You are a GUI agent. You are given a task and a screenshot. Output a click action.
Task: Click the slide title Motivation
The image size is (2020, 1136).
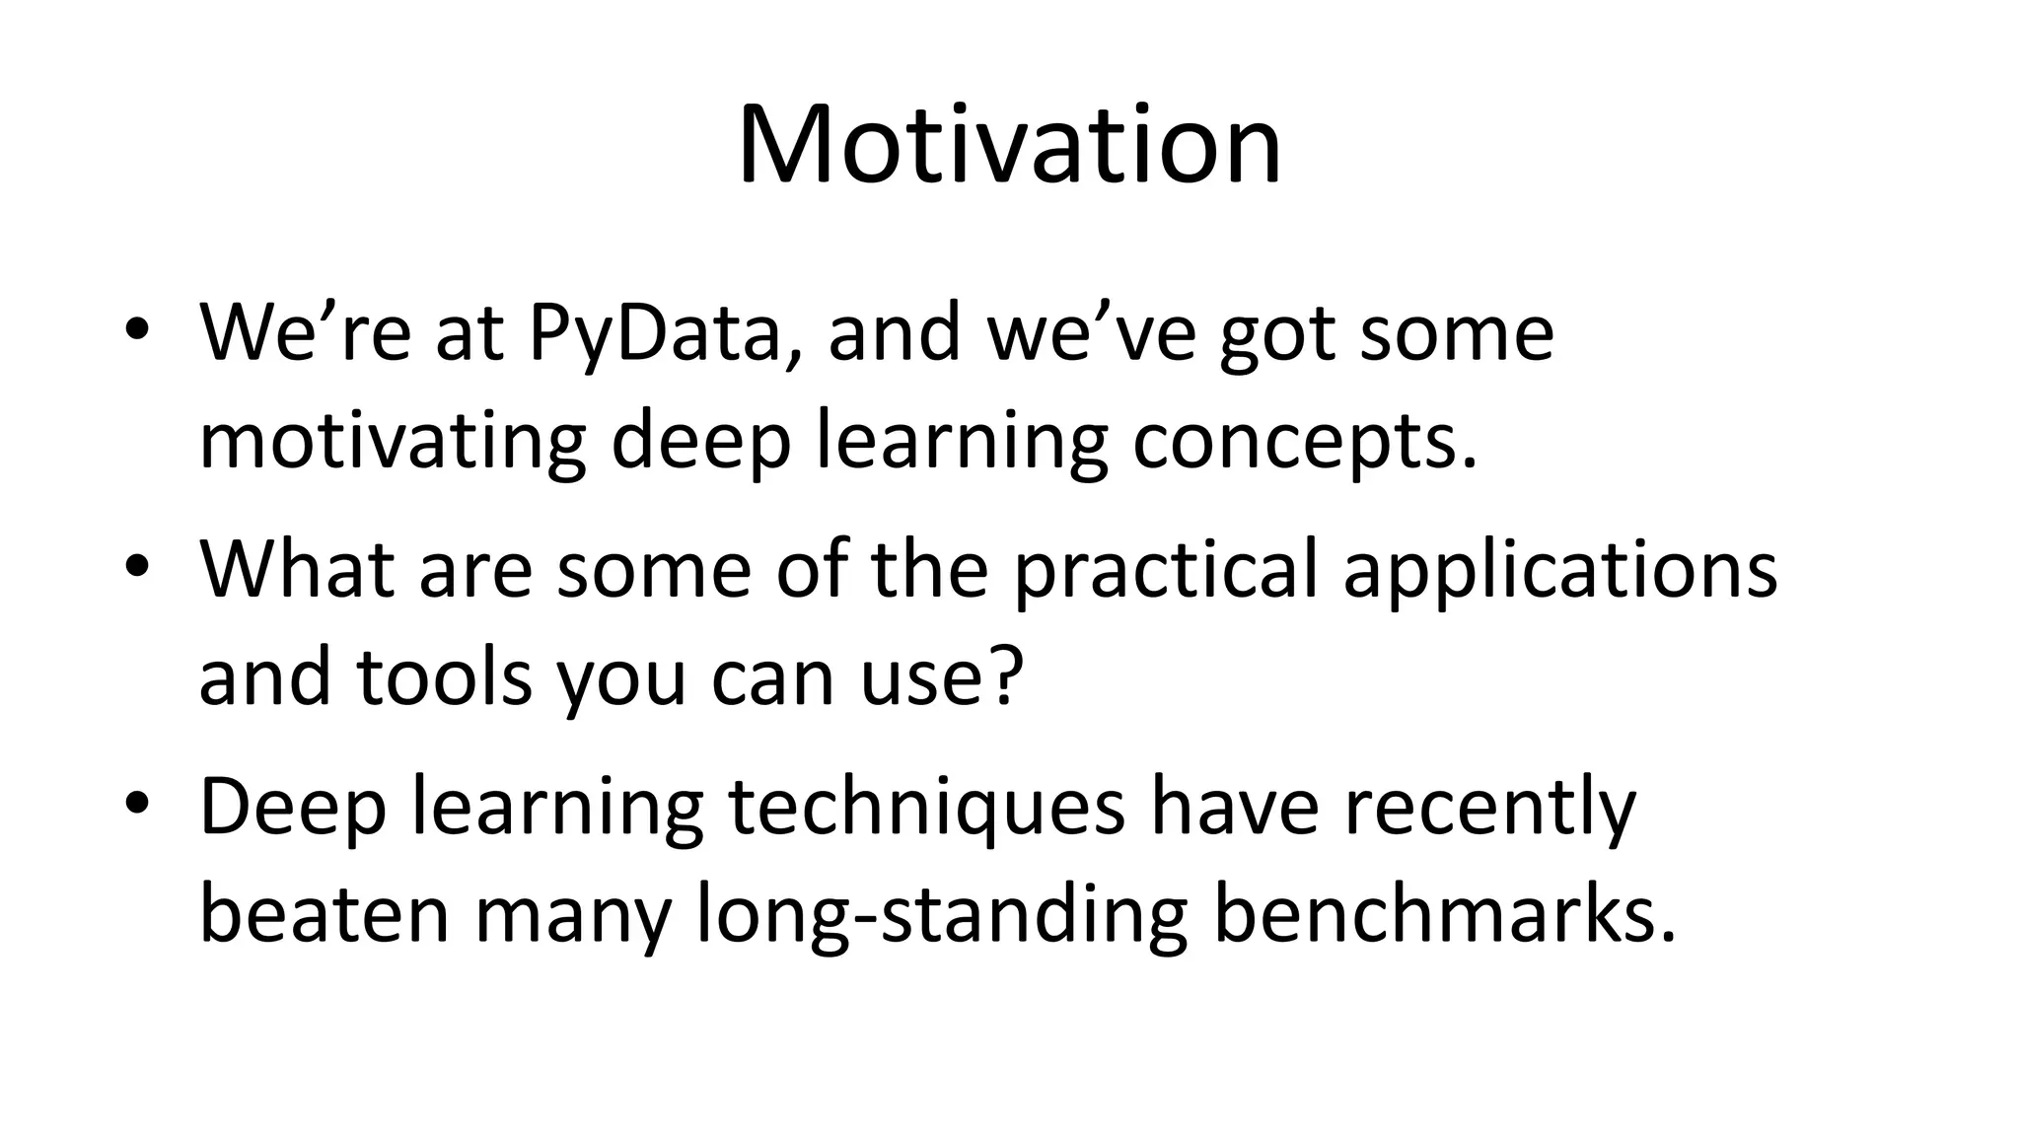(1009, 146)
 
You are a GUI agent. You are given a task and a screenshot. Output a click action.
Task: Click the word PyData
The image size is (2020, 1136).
(664, 333)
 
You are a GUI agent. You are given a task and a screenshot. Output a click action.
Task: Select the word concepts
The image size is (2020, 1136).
(1304, 443)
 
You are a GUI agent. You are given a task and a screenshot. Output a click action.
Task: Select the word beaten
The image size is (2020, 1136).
(325, 914)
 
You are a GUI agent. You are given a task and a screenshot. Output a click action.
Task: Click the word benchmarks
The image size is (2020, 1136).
(1442, 914)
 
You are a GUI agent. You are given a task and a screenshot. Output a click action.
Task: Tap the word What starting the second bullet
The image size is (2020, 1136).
(297, 570)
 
